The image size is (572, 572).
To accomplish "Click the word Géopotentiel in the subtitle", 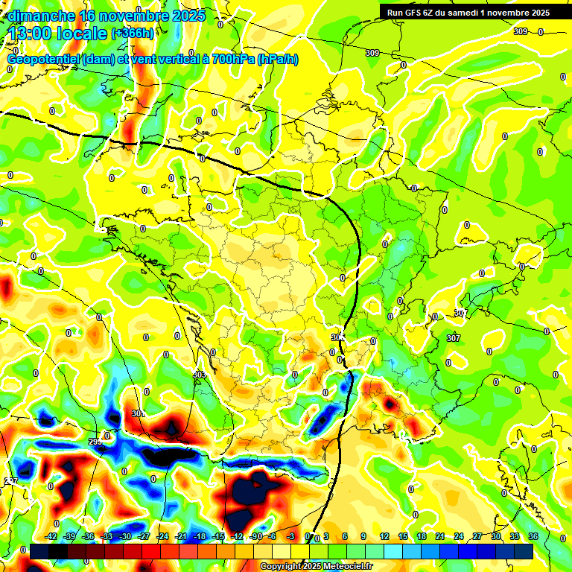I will point(45,60).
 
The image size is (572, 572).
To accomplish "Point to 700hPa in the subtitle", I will point(231,60).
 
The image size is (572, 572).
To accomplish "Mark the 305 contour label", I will point(337,337).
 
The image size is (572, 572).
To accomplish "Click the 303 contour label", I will point(199,374).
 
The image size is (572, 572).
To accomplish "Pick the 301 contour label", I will point(137,413).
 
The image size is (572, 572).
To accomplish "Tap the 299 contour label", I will point(95,442).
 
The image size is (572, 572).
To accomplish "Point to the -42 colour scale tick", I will point(51,536).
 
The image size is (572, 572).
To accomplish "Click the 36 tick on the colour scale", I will point(533,536).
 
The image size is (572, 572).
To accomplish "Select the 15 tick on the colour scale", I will point(402,536).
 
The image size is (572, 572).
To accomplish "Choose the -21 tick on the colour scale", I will point(180,536).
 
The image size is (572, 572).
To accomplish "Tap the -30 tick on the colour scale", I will point(125,536).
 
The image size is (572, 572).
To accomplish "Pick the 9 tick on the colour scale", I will point(363,536).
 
